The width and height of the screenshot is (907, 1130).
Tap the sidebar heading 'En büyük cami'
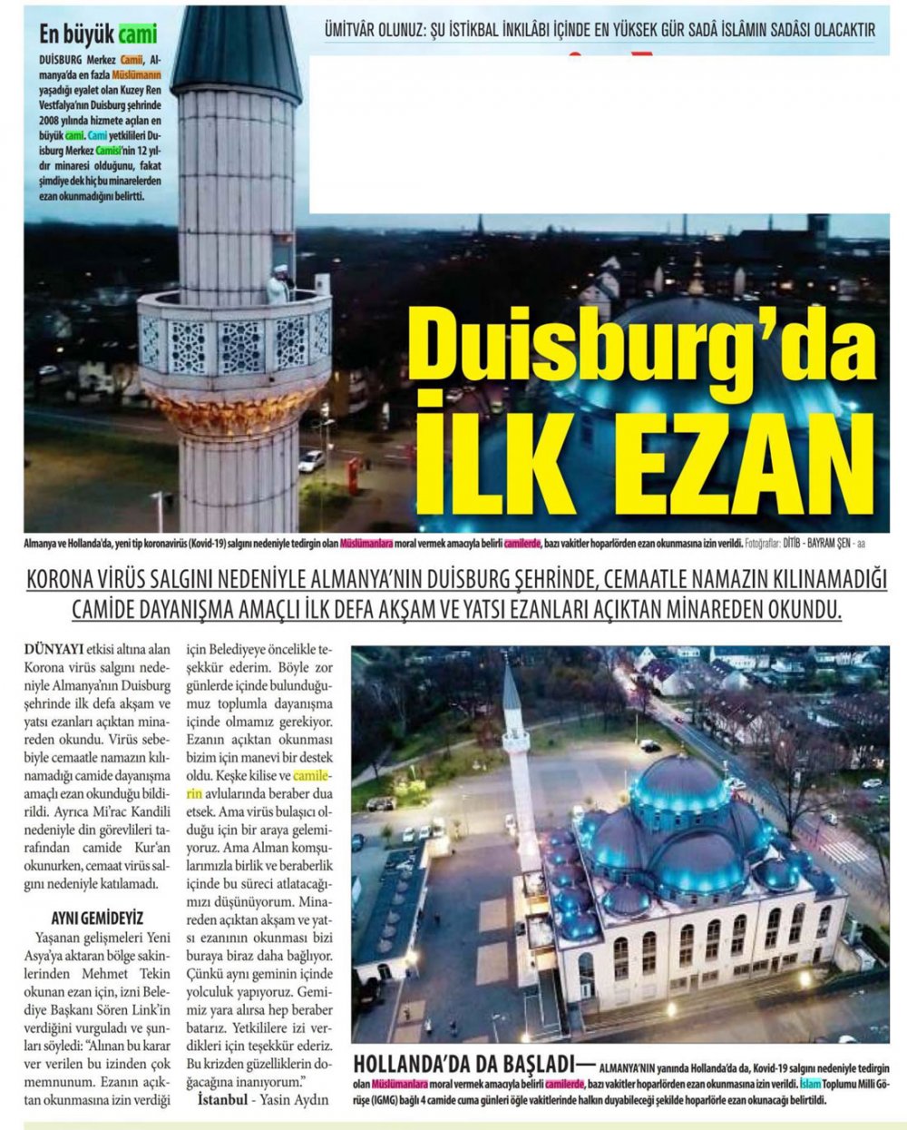[98, 35]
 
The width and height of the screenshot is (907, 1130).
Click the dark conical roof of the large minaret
[237, 50]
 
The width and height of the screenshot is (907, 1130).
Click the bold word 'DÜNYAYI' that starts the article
[55, 649]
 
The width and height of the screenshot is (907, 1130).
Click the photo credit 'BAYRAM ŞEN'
[826, 545]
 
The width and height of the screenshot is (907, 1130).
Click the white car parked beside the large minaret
[311, 460]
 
